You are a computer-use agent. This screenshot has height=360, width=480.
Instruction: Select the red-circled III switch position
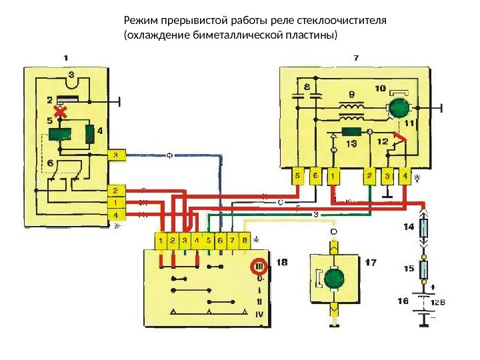tap(259, 267)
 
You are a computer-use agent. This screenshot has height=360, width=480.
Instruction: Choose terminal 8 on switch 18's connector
tap(245, 239)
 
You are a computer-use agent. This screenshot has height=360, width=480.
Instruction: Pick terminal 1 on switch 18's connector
tap(161, 239)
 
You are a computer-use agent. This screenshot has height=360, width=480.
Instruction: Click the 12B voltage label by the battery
tap(437, 302)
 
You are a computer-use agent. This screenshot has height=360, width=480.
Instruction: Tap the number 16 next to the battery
tap(403, 301)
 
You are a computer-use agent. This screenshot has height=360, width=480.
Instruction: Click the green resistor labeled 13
tap(351, 131)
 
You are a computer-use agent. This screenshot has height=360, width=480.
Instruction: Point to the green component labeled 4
tap(89, 135)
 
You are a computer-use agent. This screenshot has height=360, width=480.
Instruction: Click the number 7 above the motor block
tap(355, 58)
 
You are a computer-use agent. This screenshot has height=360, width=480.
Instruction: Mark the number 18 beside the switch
tap(281, 263)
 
